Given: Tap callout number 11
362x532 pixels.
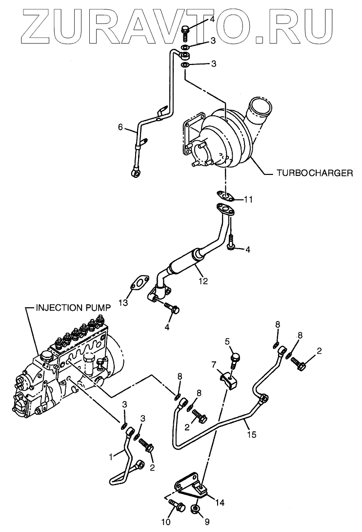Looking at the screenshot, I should pos(248,199).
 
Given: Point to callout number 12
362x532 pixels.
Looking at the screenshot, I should pos(203,281).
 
